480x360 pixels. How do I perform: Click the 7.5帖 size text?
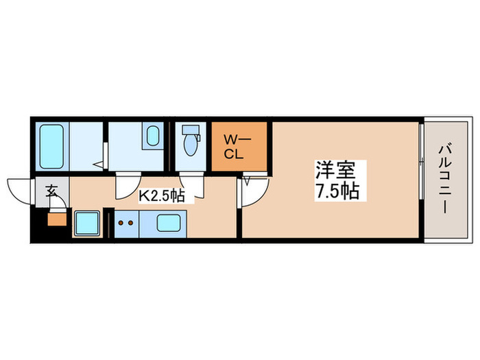[x=337, y=191]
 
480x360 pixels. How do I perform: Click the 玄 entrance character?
[x=52, y=191]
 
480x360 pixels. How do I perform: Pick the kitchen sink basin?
[x=169, y=223]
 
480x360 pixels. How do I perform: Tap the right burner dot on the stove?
[x=130, y=222]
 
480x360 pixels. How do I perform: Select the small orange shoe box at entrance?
[x=57, y=220]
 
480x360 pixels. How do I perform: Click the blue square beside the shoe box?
[x=87, y=223]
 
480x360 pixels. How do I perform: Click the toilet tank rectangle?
[x=191, y=130]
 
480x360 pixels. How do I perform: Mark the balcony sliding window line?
[x=420, y=180]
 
